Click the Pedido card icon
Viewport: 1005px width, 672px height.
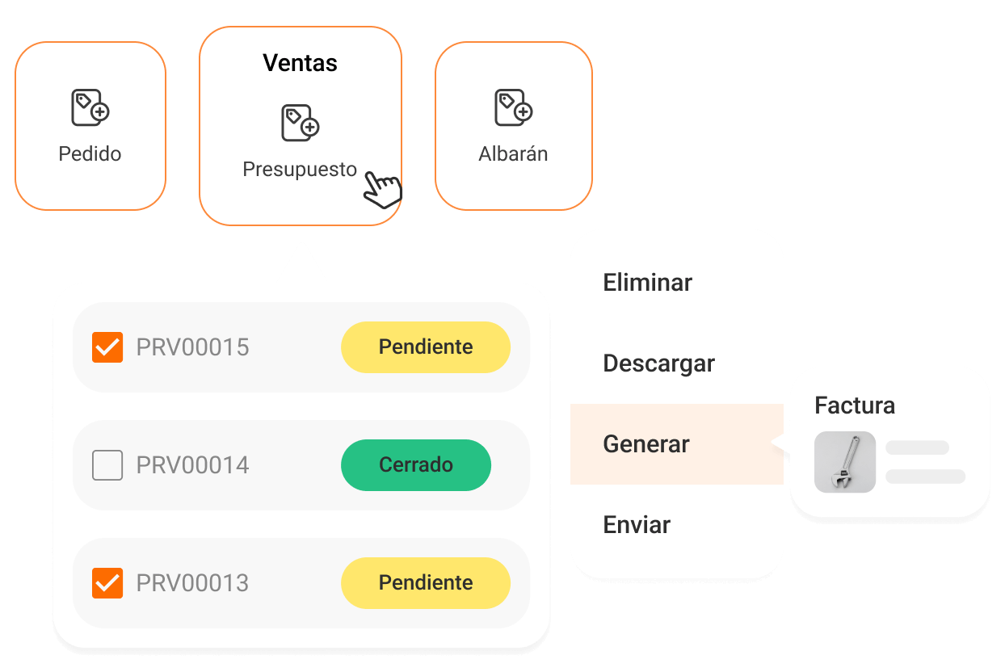[x=90, y=107]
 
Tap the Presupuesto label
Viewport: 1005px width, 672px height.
[x=300, y=170]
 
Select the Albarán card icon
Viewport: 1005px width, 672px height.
[x=514, y=107]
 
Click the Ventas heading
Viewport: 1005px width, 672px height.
[x=300, y=63]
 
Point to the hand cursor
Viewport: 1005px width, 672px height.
[x=381, y=189]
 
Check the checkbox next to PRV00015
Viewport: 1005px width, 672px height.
[x=107, y=347]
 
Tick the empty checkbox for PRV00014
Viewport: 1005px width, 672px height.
[x=107, y=465]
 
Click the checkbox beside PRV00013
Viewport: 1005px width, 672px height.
[x=107, y=583]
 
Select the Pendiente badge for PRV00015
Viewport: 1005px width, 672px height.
[x=426, y=347]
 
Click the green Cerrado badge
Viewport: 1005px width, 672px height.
[x=416, y=465]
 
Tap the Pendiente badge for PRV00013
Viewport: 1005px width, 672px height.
[x=426, y=583]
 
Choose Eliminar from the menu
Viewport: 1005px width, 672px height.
[x=648, y=283]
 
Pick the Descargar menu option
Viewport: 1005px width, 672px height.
[x=659, y=363]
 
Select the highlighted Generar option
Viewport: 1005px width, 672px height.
[x=646, y=444]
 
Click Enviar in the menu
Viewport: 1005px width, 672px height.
[x=637, y=525]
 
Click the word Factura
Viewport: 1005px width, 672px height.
[x=855, y=405]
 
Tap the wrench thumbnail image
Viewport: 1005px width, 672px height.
[x=845, y=462]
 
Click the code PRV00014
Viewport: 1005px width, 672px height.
[x=193, y=465]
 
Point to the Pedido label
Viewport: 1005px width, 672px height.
[x=90, y=154]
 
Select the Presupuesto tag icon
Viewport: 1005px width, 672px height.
[x=300, y=123]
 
